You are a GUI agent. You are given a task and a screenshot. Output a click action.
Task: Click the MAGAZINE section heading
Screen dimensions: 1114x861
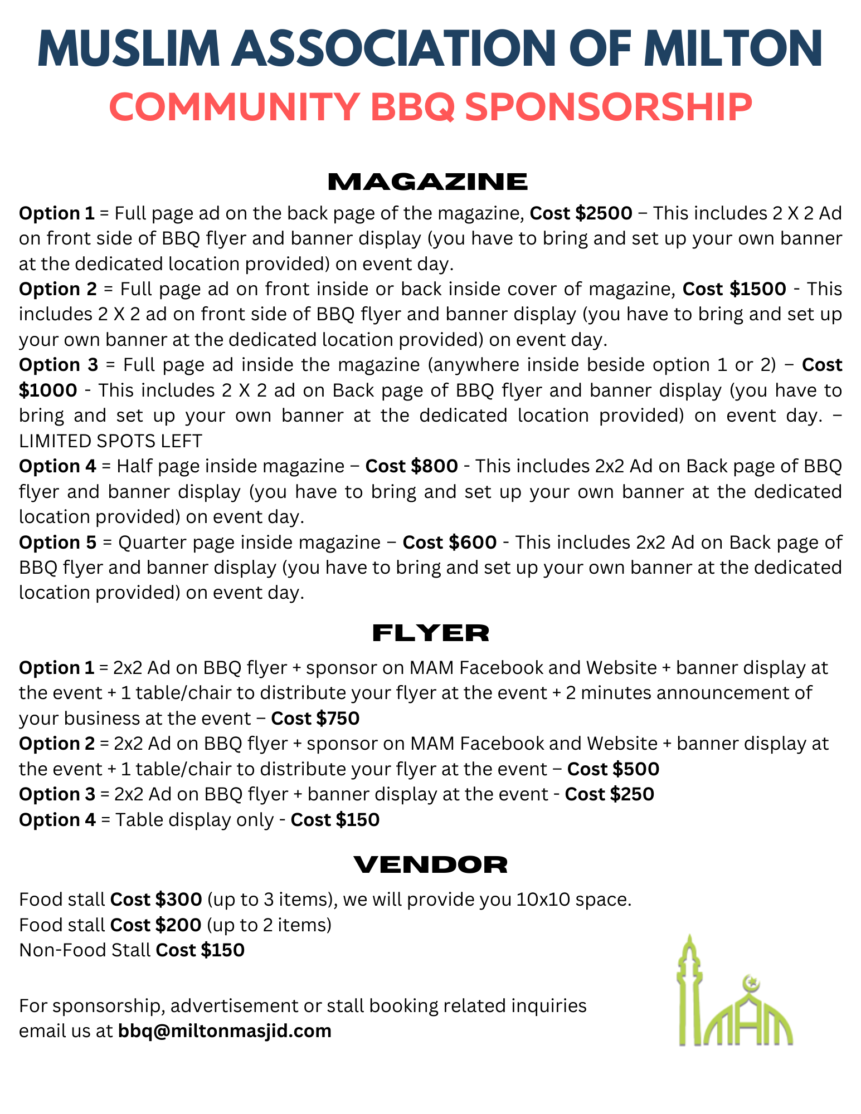click(x=427, y=182)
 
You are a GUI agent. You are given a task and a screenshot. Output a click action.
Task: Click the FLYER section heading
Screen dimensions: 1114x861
click(x=430, y=633)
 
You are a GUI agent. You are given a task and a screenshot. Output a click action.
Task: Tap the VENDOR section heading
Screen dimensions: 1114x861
click(x=430, y=864)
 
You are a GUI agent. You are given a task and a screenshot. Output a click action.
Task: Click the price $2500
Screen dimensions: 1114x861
click(x=604, y=213)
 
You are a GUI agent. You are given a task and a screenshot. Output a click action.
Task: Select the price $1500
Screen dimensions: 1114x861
click(x=758, y=289)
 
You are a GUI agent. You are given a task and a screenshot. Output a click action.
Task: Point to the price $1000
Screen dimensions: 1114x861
click(x=48, y=390)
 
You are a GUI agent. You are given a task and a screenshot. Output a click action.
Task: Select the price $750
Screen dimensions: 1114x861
click(x=337, y=719)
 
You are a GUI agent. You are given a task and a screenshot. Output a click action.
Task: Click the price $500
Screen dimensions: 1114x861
click(x=636, y=769)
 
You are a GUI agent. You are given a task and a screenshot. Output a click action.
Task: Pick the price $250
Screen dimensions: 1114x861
click(x=631, y=794)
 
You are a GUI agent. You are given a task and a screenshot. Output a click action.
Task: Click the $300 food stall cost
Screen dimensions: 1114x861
click(x=178, y=900)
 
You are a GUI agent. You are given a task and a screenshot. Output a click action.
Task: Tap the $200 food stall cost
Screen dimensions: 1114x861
click(x=178, y=925)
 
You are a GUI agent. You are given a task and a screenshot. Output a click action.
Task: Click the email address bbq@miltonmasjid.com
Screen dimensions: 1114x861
click(x=225, y=1031)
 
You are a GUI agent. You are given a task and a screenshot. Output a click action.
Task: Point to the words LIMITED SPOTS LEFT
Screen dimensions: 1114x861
click(x=110, y=441)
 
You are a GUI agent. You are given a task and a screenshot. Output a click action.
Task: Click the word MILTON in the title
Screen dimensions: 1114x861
click(x=733, y=49)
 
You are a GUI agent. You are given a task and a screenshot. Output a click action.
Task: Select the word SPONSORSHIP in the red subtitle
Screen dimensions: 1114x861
click(x=608, y=107)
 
